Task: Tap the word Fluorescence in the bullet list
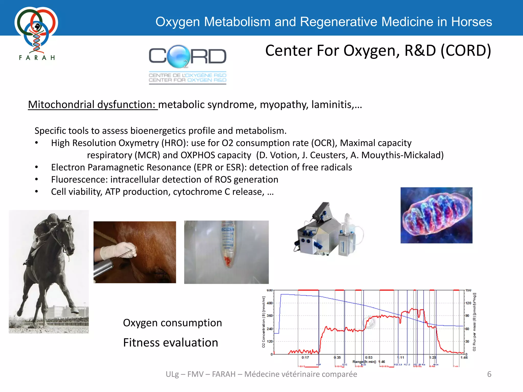click(x=79, y=180)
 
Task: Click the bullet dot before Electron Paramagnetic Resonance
click(x=37, y=167)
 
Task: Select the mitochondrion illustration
click(x=436, y=215)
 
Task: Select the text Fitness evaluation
click(x=171, y=342)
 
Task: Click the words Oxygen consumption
click(x=172, y=323)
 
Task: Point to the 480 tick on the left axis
click(x=270, y=303)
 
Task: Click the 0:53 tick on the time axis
click(x=369, y=358)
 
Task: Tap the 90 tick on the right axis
click(x=467, y=316)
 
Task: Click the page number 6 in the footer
click(x=489, y=374)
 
